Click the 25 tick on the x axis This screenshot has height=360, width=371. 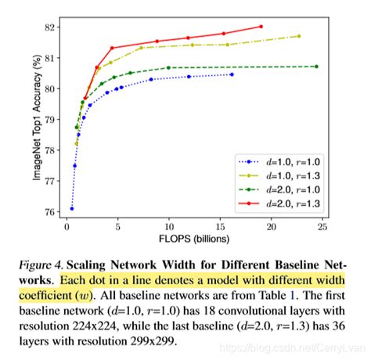point(321,227)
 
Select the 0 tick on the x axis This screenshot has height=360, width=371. point(67,227)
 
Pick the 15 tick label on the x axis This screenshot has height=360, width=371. point(219,227)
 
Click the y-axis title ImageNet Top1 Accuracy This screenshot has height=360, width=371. point(37,118)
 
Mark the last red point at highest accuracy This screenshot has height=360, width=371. point(261,27)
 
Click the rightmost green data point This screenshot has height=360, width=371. point(316,67)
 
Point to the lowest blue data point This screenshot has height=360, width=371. point(72,208)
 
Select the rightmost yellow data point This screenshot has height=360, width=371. point(299,36)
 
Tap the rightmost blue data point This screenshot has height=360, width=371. point(232,74)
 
